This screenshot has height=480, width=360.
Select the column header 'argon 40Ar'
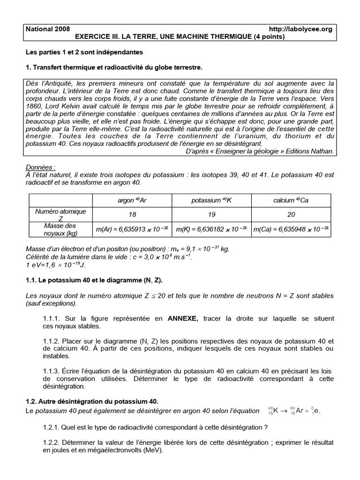(132, 200)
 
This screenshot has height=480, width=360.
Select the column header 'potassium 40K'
(212, 200)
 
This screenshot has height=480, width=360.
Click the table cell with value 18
(132, 215)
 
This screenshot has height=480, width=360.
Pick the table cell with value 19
(212, 215)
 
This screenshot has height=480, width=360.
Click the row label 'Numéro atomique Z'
(60, 215)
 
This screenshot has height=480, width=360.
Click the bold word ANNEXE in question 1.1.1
(183, 318)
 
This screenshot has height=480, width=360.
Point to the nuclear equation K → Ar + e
(296, 411)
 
